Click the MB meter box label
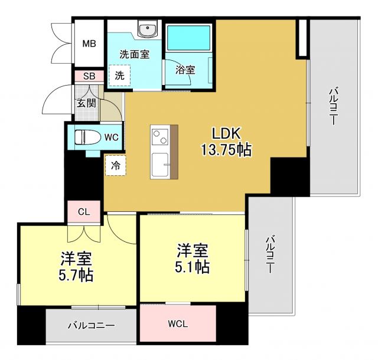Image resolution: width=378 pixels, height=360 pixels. (x=89, y=44)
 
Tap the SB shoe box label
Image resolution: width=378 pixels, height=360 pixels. (x=89, y=76)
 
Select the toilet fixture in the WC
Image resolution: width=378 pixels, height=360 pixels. (x=87, y=138)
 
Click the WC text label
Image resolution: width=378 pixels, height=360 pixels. (x=112, y=137)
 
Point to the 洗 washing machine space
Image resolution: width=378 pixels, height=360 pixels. (x=120, y=76)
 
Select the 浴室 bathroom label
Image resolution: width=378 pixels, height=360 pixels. (x=185, y=69)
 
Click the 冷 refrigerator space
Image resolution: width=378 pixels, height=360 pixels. (x=116, y=166)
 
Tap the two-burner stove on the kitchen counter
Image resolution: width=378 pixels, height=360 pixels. (x=160, y=138)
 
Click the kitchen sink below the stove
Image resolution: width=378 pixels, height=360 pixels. (x=160, y=165)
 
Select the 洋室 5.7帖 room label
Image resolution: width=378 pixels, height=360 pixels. (x=77, y=266)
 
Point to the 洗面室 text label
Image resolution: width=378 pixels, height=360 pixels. (x=134, y=54)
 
